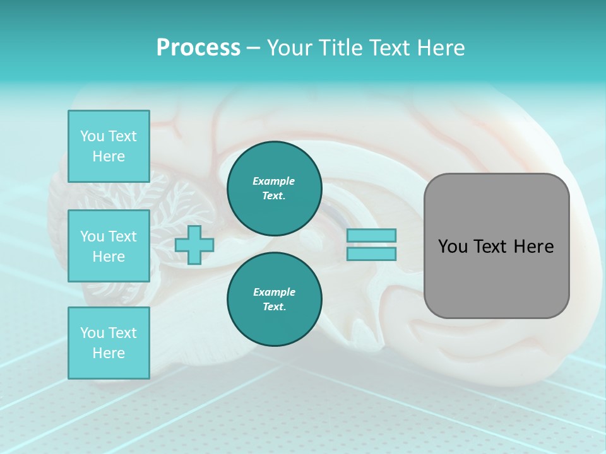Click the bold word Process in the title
click(198, 48)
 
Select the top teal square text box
click(109, 146)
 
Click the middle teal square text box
click(109, 246)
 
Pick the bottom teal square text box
click(109, 343)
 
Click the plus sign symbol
click(194, 245)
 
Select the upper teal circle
click(274, 189)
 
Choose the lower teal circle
click(274, 299)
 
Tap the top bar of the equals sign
click(371, 235)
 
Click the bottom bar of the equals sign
click(371, 254)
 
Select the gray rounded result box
click(496, 246)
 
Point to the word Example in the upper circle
click(274, 181)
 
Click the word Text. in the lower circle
click(274, 307)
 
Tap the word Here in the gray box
click(533, 247)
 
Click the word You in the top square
click(92, 136)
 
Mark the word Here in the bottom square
click(109, 353)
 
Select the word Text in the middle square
click(122, 236)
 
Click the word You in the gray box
click(453, 247)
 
